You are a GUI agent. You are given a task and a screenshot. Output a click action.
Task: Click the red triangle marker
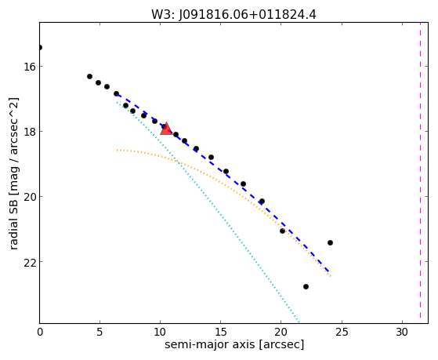(166, 129)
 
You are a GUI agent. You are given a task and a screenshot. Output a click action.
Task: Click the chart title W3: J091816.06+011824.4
(233, 15)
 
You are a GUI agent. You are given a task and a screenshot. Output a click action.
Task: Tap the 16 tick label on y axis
(29, 67)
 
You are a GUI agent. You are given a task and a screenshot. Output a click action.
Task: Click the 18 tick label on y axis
(29, 132)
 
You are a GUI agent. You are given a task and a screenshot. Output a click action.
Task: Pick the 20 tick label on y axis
(29, 197)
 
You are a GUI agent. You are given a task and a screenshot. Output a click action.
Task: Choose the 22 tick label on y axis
(29, 262)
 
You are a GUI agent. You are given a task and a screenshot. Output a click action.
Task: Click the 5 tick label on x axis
(100, 332)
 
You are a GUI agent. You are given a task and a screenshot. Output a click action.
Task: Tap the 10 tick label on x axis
(160, 332)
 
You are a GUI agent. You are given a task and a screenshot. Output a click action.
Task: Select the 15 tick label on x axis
(221, 332)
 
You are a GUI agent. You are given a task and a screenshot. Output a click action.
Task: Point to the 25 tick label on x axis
(342, 332)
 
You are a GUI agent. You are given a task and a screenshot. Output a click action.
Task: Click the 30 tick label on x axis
(402, 332)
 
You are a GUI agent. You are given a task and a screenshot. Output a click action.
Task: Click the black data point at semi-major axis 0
(40, 47)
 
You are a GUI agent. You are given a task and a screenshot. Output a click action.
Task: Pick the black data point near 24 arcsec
(330, 242)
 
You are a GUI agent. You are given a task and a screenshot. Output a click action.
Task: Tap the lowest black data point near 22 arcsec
(306, 287)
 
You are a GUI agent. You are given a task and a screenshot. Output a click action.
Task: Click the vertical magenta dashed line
(420, 173)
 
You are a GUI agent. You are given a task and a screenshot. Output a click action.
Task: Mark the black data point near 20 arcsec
(282, 231)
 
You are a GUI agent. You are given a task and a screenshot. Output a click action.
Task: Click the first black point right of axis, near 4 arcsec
(89, 76)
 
